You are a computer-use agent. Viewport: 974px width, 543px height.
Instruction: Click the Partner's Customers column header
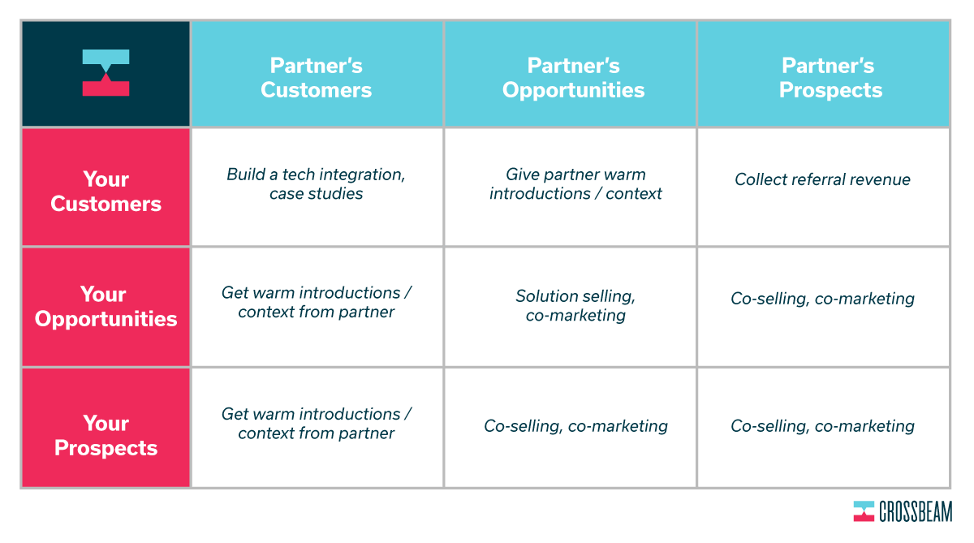point(317,74)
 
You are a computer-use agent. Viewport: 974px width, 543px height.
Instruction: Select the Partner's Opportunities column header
point(570,74)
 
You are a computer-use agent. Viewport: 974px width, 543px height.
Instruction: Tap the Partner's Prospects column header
point(824,74)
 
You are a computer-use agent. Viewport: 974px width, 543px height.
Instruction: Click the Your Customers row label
point(106,187)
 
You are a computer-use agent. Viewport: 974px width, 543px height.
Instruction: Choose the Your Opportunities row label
point(106,307)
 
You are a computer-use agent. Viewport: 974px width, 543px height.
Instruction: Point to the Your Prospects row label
point(106,428)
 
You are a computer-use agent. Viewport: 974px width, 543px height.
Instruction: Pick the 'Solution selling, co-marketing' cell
point(570,306)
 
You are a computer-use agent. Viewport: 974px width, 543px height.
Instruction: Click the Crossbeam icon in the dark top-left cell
point(106,72)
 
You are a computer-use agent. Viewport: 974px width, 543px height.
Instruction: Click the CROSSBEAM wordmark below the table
point(916,511)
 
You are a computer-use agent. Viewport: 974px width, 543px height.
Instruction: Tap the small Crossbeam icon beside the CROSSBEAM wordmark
point(864,511)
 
